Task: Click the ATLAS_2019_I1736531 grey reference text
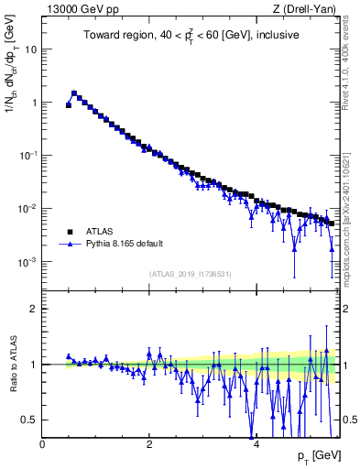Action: coord(191,274)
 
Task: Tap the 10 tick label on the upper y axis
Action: coord(31,49)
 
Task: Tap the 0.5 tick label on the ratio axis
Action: coord(29,420)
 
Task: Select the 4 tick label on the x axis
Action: coord(256,444)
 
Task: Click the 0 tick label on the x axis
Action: coord(42,444)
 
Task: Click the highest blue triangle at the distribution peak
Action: coord(74,93)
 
